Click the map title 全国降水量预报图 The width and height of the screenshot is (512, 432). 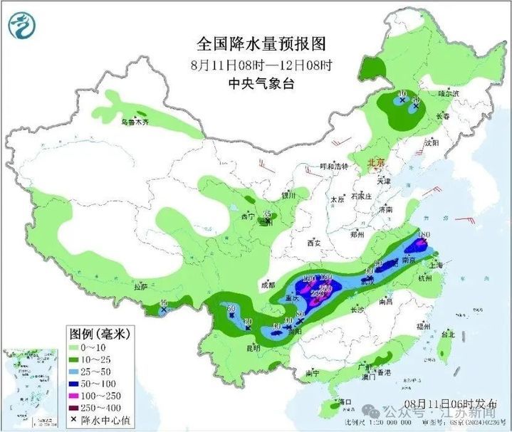[261, 44]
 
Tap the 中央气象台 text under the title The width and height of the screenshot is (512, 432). [261, 83]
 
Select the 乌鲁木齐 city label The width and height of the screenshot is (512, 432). [135, 122]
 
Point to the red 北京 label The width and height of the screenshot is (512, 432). [375, 163]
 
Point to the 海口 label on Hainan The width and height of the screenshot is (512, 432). [345, 402]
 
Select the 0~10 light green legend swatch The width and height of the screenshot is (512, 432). [75, 347]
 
